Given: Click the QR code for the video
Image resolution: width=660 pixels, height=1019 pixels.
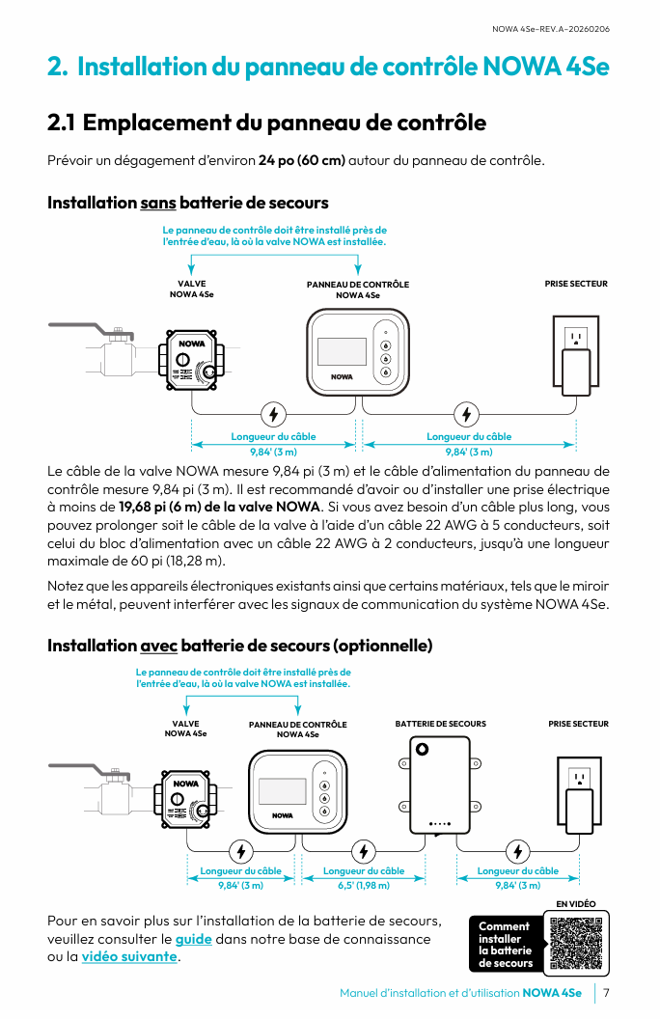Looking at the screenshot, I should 575,943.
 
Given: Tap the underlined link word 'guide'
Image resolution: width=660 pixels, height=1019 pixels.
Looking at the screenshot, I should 193,939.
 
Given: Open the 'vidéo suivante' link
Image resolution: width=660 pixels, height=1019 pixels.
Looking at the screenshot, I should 130,957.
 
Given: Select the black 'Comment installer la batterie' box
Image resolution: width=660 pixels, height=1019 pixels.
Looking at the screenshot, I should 505,944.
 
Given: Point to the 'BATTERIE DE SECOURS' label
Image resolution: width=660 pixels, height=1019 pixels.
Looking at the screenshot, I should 441,724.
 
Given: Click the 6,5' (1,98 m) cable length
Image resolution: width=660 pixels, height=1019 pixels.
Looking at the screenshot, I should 364,885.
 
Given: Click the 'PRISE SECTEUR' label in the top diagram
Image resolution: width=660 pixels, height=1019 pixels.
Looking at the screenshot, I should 576,284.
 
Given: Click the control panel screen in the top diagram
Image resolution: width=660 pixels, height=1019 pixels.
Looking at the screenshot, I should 342,350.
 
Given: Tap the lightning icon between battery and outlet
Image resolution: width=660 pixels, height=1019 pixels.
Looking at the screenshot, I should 518,851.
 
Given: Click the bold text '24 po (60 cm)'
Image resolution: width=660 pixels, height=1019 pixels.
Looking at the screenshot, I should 302,159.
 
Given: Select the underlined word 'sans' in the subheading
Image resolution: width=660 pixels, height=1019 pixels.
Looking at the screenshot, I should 157,203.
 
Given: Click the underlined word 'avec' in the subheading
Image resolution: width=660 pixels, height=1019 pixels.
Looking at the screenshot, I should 158,645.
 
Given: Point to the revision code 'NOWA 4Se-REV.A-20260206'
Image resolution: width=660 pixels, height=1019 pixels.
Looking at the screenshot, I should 550,28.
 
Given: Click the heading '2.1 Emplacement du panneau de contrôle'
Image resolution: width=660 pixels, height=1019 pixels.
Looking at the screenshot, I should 266,123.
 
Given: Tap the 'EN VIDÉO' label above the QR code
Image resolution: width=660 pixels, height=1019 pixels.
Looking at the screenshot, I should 576,904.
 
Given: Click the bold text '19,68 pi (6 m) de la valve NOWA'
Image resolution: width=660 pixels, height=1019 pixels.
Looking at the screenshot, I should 219,507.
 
